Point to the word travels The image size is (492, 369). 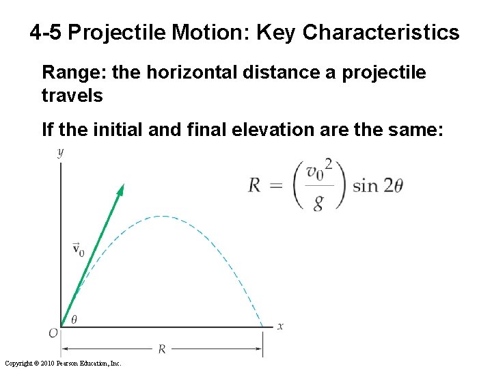(72, 95)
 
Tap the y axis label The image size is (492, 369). (60, 152)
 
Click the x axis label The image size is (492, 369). (280, 326)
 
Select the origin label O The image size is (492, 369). (53, 333)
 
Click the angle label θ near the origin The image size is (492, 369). (74, 318)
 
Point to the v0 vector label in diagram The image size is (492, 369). (79, 249)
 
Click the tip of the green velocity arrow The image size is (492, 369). (122, 186)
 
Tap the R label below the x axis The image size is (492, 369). (162, 349)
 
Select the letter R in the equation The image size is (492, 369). (255, 185)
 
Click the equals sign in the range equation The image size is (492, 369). (277, 185)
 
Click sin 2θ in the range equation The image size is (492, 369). (377, 185)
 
